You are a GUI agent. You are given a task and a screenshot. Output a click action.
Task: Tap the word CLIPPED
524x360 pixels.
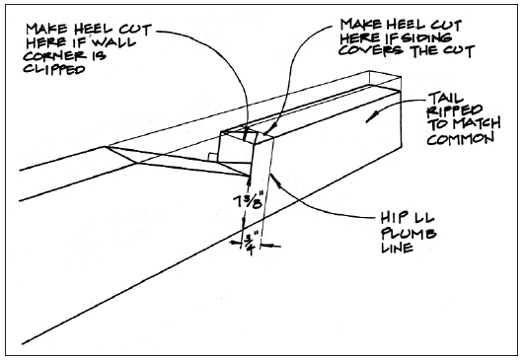coord(54,69)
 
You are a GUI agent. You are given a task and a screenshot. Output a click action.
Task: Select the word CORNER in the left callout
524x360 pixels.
coord(54,55)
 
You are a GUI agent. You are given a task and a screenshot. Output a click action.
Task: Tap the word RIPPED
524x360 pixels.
coord(455,111)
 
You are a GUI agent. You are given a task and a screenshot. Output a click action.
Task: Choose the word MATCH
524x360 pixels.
coord(475,124)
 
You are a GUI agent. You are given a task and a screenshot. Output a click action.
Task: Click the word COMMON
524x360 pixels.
coord(460,138)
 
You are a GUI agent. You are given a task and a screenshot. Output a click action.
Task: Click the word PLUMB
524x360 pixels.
coord(409,234)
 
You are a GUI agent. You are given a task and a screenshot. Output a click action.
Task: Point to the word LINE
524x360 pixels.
coord(397,248)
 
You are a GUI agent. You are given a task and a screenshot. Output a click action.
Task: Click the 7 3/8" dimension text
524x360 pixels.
coord(248,201)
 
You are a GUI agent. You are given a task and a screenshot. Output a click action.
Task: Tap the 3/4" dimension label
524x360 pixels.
coord(250,245)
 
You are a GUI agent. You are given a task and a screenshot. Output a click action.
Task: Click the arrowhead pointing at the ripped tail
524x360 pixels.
coord(371,118)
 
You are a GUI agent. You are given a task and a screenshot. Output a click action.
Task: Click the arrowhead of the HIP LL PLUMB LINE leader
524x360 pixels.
coord(272,177)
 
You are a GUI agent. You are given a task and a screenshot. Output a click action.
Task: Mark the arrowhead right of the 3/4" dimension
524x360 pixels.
coord(264,246)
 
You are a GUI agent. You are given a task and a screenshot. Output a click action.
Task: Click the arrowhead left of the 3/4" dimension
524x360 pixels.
coord(238,243)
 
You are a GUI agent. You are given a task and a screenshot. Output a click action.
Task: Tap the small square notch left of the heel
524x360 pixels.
coord(213,157)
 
